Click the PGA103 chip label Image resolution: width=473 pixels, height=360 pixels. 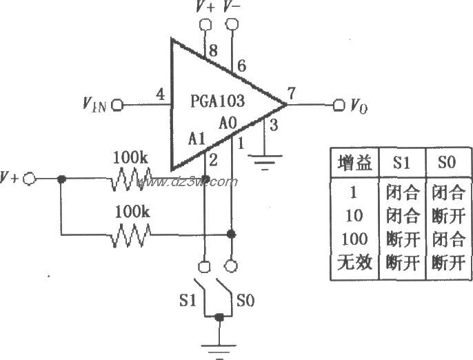click(x=217, y=102)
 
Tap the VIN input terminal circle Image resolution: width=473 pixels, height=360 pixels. click(x=116, y=105)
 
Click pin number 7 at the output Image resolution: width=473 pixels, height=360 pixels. click(x=292, y=94)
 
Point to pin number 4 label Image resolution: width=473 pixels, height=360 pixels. click(x=160, y=94)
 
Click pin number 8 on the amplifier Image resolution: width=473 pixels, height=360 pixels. click(x=213, y=50)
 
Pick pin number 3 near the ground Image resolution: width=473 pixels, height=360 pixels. click(x=274, y=125)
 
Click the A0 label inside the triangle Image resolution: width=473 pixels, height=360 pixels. click(x=228, y=124)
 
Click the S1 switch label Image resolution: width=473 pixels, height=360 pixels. click(x=187, y=301)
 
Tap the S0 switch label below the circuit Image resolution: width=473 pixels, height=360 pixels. click(x=246, y=301)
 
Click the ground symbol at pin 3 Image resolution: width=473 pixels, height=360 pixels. click(x=266, y=161)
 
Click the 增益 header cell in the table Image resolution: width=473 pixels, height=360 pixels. click(x=354, y=163)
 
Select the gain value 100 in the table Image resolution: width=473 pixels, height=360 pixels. click(x=354, y=239)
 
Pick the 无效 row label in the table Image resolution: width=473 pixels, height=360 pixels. click(x=354, y=263)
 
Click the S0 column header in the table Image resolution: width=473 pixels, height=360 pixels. click(x=448, y=163)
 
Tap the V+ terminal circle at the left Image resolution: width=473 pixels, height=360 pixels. click(x=29, y=179)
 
